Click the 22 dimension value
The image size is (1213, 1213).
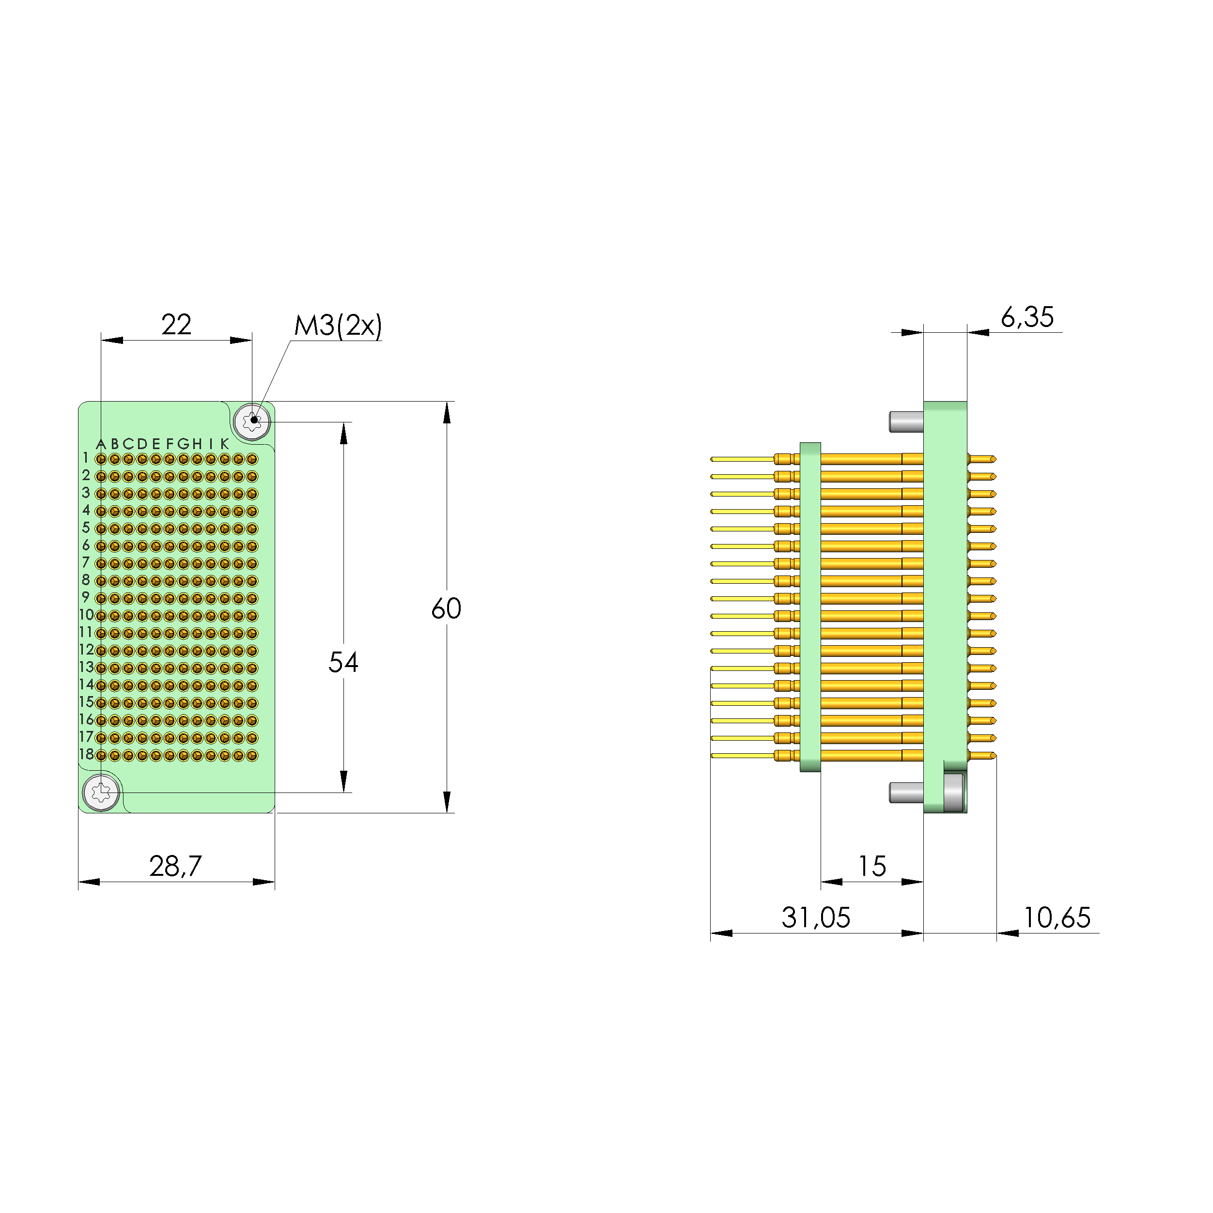pyautogui.click(x=176, y=325)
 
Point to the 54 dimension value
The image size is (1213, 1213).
pyautogui.click(x=343, y=662)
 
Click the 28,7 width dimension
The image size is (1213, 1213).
pyautogui.click(x=175, y=867)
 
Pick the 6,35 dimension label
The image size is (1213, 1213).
pyautogui.click(x=1026, y=318)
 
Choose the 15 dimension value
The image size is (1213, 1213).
pyautogui.click(x=871, y=867)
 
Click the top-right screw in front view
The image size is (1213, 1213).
pyautogui.click(x=252, y=420)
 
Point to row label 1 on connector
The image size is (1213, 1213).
pyautogui.click(x=86, y=458)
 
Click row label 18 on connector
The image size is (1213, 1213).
pyautogui.click(x=86, y=754)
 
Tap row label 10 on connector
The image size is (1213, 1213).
pyautogui.click(x=86, y=615)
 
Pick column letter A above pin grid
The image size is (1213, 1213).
pyautogui.click(x=100, y=444)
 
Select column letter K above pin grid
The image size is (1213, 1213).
pyautogui.click(x=224, y=444)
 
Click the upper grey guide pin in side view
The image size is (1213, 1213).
pyautogui.click(x=906, y=421)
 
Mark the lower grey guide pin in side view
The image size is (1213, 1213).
pyautogui.click(x=906, y=793)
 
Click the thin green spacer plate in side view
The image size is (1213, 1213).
pyautogui.click(x=810, y=606)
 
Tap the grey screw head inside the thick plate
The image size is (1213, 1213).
pyautogui.click(x=954, y=793)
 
